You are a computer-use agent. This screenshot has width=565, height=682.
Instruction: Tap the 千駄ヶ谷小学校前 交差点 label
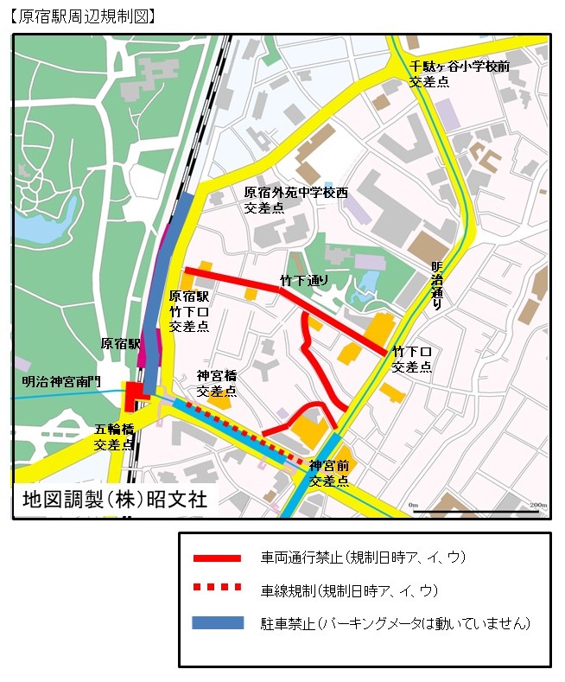pyautogui.click(x=459, y=74)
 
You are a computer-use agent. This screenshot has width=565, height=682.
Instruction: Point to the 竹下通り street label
pyautogui.click(x=304, y=280)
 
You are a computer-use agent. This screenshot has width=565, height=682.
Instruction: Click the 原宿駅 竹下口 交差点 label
pyautogui.click(x=189, y=311)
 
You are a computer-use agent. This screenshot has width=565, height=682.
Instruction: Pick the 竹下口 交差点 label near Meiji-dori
pyautogui.click(x=412, y=360)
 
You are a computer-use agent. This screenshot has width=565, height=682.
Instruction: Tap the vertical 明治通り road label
pyautogui.click(x=437, y=285)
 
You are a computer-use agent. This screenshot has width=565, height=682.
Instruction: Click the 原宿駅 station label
pyautogui.click(x=121, y=343)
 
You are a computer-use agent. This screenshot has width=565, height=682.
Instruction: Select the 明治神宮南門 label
pyautogui.click(x=62, y=381)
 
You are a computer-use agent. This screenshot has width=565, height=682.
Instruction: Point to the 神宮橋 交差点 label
pyautogui.click(x=216, y=383)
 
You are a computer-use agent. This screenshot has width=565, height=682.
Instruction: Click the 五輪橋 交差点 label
pyautogui.click(x=114, y=437)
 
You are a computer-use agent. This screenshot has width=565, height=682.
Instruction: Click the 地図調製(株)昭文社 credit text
pyautogui.click(x=116, y=500)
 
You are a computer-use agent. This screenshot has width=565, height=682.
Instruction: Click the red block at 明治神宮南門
pyautogui.click(x=135, y=397)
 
